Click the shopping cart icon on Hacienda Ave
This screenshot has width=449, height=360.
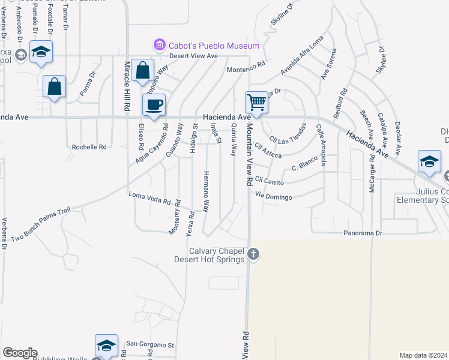[x=256, y=102]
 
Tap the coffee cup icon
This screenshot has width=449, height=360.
[x=154, y=105]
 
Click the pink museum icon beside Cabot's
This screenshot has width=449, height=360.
[x=160, y=45]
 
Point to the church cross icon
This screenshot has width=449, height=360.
[x=253, y=254]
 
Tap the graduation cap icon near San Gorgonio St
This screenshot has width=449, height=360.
[x=106, y=345]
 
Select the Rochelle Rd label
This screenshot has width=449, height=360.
[x=89, y=146]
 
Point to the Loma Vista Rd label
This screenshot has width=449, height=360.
[x=150, y=198]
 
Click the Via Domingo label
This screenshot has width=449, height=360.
[x=273, y=196]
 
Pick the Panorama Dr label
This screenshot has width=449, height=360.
[x=363, y=232]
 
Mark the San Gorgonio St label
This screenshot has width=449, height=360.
[x=149, y=345]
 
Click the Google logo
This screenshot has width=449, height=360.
[x=20, y=353]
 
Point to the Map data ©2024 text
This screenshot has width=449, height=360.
[x=423, y=355]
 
